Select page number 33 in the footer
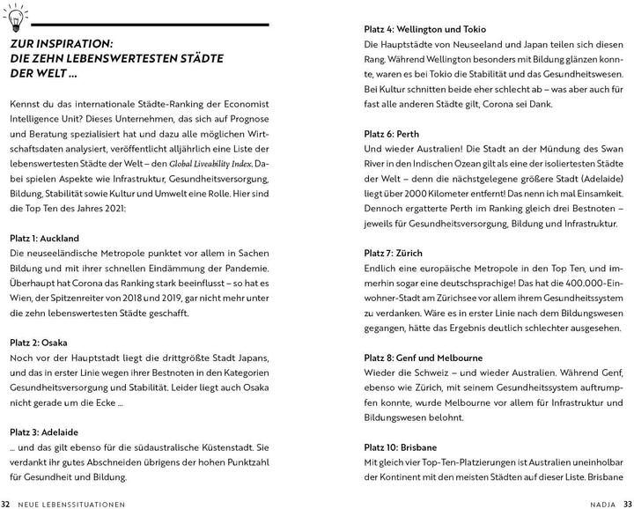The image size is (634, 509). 627,502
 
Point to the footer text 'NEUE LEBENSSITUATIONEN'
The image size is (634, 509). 74,502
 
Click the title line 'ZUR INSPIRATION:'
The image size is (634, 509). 70,42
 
